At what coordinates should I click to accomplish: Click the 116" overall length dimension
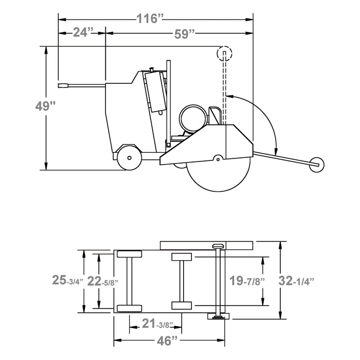click(x=150, y=19)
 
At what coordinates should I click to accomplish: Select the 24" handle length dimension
click(x=83, y=32)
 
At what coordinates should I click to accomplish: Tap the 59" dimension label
click(x=184, y=34)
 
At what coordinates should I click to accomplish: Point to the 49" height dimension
click(x=45, y=106)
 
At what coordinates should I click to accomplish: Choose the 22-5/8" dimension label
click(x=103, y=281)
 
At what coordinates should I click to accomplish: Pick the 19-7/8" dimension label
click(x=247, y=281)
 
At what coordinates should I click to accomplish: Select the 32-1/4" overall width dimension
click(x=296, y=281)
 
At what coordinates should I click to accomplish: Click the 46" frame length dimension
click(x=167, y=340)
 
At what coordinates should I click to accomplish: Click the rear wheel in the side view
click(x=129, y=157)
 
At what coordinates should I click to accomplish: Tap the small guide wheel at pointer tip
click(x=317, y=165)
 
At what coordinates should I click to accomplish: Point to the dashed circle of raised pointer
click(x=225, y=53)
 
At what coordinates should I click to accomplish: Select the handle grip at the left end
click(x=63, y=85)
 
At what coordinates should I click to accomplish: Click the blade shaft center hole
click(x=218, y=159)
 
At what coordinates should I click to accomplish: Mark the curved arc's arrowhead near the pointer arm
click(x=276, y=151)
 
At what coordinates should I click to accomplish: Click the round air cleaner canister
click(x=193, y=118)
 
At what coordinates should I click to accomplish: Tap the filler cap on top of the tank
click(x=152, y=69)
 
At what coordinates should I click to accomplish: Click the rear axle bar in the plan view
click(x=129, y=281)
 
